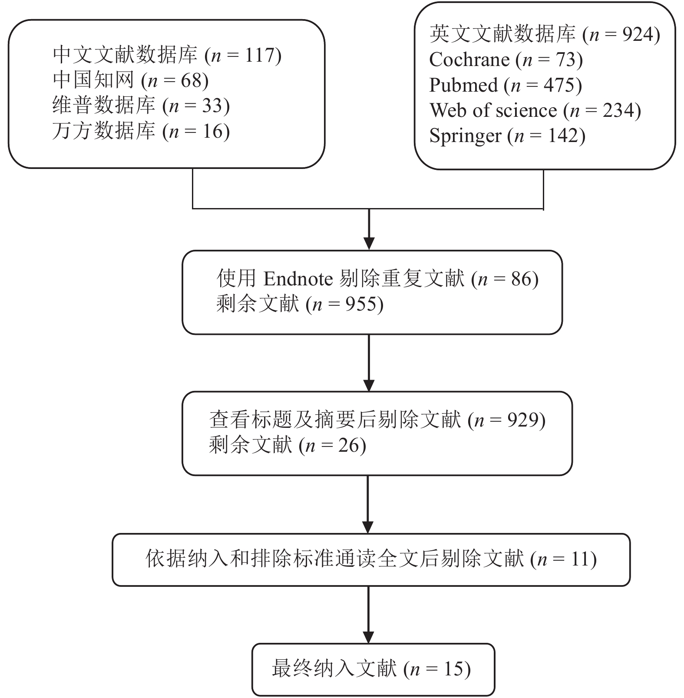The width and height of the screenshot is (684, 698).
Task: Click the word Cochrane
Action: point(469,60)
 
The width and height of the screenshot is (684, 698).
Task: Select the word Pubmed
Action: point(463,85)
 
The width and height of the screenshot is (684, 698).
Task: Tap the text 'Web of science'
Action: point(493,110)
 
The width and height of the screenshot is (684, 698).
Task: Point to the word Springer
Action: point(465,136)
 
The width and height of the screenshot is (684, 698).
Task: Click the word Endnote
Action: point(298,278)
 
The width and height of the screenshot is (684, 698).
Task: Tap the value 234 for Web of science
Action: point(618,110)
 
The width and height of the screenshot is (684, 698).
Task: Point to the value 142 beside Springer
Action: point(563,136)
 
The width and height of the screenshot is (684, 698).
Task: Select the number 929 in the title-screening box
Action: point(523,420)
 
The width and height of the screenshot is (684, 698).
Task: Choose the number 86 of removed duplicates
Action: point(521,278)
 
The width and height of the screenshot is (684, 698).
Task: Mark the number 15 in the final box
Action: point(454,668)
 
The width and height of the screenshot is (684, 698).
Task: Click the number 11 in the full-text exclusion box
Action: point(580,559)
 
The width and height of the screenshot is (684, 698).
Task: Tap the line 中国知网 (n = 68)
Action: point(131,80)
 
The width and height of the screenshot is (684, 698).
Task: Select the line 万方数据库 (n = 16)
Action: point(141,132)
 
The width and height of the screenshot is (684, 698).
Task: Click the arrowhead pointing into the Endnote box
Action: point(369,244)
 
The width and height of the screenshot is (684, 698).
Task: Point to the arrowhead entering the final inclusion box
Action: point(368,637)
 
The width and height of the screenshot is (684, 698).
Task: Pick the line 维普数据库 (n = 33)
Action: point(141,106)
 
